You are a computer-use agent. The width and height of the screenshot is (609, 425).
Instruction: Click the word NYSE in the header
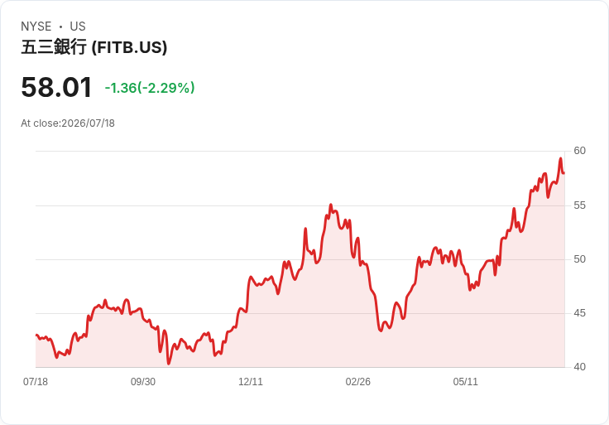(36, 27)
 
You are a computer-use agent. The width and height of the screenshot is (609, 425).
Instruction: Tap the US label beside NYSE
(78, 27)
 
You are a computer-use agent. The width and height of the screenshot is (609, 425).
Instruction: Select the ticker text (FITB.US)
(129, 47)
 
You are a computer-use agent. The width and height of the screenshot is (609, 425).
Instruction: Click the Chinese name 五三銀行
(54, 47)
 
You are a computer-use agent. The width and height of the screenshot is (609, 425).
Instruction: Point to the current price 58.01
(56, 87)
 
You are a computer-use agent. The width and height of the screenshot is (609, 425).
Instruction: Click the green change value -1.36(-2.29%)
(150, 88)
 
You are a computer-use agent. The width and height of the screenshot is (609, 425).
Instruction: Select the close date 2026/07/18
(89, 123)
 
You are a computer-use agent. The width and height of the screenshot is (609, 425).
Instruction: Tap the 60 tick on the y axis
(579, 151)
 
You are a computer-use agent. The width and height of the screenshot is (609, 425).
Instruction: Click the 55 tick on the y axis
(579, 205)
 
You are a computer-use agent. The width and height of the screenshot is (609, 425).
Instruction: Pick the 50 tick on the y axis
(579, 259)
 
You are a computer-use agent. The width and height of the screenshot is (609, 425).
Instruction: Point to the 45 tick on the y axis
(579, 313)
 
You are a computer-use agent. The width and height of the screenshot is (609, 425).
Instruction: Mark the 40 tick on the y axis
(579, 367)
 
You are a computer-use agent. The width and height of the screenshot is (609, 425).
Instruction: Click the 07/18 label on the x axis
(36, 382)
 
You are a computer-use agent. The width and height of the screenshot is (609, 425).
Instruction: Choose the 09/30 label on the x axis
(143, 382)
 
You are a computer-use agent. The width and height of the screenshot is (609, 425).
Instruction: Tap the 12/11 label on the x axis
(251, 382)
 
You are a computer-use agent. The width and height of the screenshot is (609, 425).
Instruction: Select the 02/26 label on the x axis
(358, 382)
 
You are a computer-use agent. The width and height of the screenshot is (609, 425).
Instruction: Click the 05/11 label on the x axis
(465, 382)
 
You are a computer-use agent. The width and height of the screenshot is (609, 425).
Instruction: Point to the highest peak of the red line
(560, 158)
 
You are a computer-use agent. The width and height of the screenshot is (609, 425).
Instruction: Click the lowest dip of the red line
(169, 364)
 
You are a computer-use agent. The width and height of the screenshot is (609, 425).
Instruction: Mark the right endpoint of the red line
(564, 172)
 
